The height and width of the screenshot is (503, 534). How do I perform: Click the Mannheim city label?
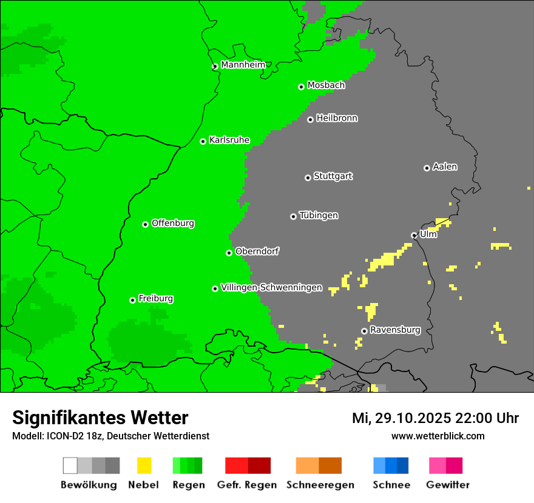pos(243,65)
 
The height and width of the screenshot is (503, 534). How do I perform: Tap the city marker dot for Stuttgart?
pos(308,178)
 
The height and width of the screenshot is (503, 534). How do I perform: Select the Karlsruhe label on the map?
pos(229,140)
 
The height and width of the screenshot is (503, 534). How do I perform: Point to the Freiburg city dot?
pos(132,300)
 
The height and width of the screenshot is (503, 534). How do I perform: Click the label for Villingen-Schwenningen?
pos(271,287)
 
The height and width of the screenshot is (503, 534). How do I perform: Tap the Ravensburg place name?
pos(395,330)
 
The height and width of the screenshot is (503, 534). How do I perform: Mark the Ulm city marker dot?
pos(414,235)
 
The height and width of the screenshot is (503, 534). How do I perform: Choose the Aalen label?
pos(445,167)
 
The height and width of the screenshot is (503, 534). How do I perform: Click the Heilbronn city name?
pos(337,118)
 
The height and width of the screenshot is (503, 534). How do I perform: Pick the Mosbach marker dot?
pos(301,87)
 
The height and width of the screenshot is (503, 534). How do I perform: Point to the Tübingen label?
pos(319,216)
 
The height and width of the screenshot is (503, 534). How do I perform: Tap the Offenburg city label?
pos(173,223)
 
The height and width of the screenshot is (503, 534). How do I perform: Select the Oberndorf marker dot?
pos(229,253)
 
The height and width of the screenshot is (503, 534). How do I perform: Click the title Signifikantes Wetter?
pos(100,418)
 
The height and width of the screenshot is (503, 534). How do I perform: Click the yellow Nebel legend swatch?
pos(144,465)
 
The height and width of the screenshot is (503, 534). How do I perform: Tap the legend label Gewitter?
pos(448,485)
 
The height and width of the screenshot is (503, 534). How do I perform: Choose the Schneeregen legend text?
pos(320,485)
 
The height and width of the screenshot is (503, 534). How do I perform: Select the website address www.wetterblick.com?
pos(438,436)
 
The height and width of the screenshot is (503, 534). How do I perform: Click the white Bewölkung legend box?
pos(70,465)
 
